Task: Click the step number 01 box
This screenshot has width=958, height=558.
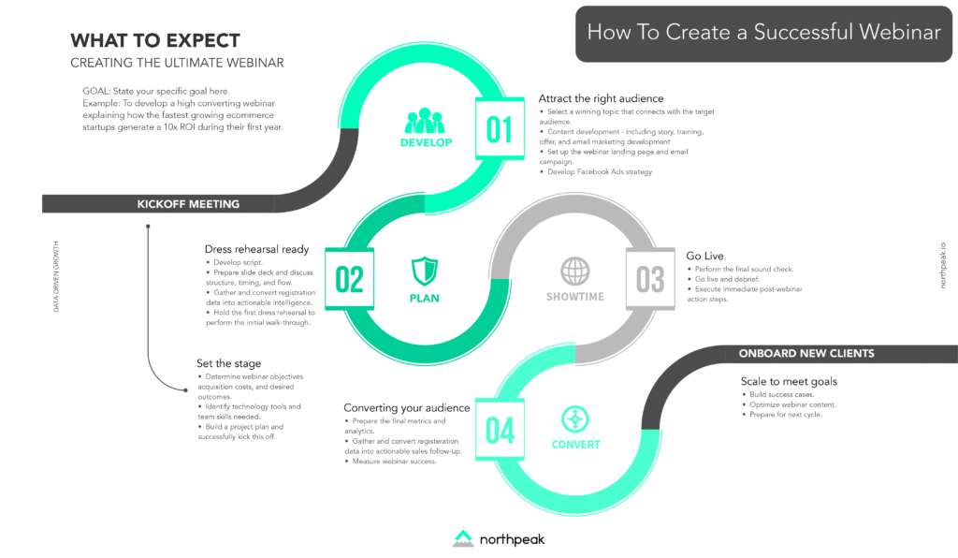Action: pyautogui.click(x=500, y=128)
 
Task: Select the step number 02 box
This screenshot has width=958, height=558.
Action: pyautogui.click(x=349, y=279)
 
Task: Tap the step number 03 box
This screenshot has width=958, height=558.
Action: pyautogui.click(x=650, y=279)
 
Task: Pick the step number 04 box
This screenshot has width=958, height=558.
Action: pyautogui.click(x=500, y=430)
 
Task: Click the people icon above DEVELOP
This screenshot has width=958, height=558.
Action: pyautogui.click(x=426, y=121)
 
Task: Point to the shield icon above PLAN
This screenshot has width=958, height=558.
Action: pyautogui.click(x=425, y=272)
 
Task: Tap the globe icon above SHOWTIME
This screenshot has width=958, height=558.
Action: pyautogui.click(x=575, y=272)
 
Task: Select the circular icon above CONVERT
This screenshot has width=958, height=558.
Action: pyautogui.click(x=575, y=418)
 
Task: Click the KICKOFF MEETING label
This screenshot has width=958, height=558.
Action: pyautogui.click(x=188, y=204)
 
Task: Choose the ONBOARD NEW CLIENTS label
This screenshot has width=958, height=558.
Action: pyautogui.click(x=806, y=353)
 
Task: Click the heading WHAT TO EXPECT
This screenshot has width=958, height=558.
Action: pyautogui.click(x=155, y=41)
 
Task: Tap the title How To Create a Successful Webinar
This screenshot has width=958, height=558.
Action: pyautogui.click(x=763, y=32)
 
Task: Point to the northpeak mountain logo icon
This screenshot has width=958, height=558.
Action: pyautogui.click(x=464, y=538)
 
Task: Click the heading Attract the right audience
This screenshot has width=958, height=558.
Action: pyautogui.click(x=601, y=98)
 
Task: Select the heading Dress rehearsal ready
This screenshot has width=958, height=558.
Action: pyautogui.click(x=256, y=249)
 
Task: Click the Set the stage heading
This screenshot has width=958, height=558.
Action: pyautogui.click(x=228, y=363)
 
